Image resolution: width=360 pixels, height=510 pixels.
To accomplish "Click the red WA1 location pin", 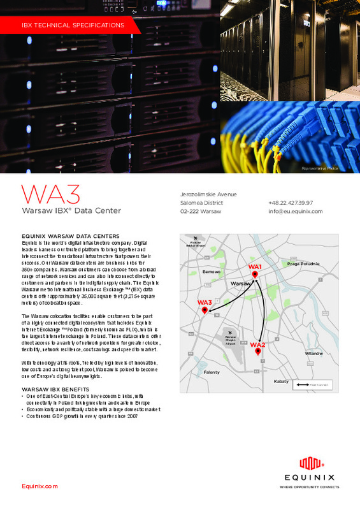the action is click(x=255, y=274).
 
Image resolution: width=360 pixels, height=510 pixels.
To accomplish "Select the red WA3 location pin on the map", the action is click(x=205, y=310).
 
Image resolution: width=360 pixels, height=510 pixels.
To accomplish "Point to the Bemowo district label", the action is click(x=211, y=272).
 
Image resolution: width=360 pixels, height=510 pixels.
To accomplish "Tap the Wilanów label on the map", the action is click(x=314, y=353).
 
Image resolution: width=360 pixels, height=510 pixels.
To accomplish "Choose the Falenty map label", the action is click(x=211, y=372).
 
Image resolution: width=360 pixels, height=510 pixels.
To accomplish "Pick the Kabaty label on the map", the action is click(x=281, y=381).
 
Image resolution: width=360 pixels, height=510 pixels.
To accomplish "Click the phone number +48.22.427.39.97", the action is click(x=290, y=203).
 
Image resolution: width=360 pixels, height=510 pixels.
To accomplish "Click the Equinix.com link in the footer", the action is click(x=40, y=486).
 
